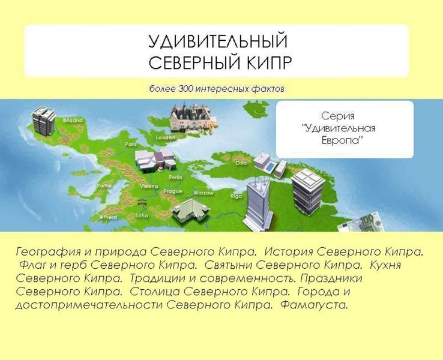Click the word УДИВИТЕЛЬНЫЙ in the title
(x=218, y=43)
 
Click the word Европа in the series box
(x=344, y=139)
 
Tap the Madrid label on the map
(x=73, y=120)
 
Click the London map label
(x=165, y=137)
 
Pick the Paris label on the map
(x=131, y=145)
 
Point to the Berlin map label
(x=176, y=178)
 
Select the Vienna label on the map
(x=148, y=187)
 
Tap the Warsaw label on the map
(x=203, y=193)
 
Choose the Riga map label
(x=236, y=196)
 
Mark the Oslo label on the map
(x=241, y=163)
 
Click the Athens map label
(x=108, y=217)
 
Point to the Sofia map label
(x=142, y=215)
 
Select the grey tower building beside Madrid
(x=44, y=121)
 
